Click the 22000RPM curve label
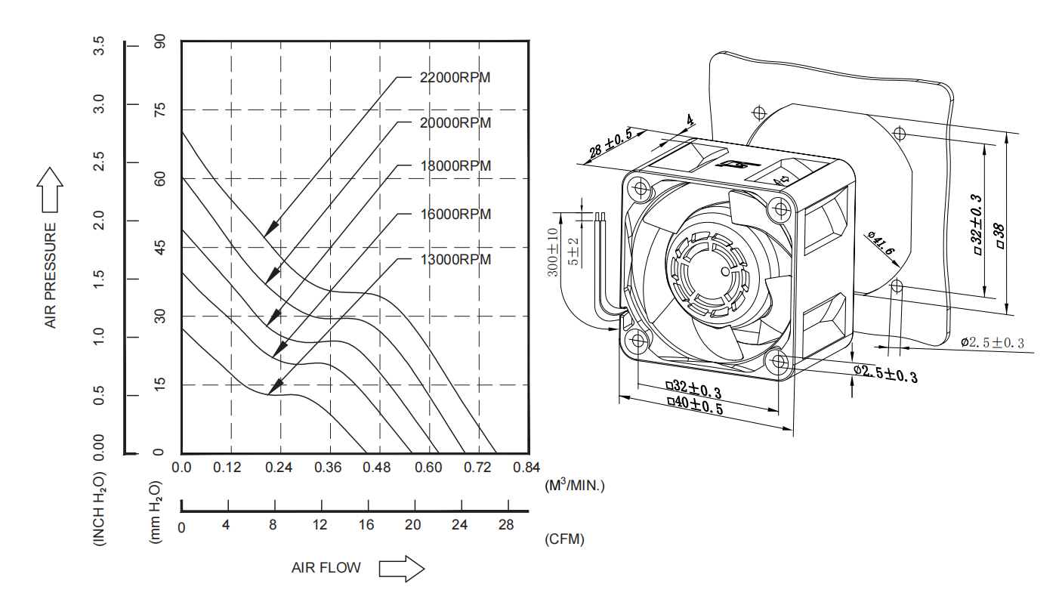[455, 77]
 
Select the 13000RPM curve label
[455, 260]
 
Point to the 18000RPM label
[455, 165]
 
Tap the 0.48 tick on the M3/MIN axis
[376, 468]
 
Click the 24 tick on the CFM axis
[459, 525]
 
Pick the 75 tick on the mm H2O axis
[159, 110]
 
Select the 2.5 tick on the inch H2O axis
[99, 162]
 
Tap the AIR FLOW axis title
[326, 567]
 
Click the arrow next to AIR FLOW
[402, 568]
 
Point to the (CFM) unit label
[564, 539]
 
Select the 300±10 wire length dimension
[553, 252]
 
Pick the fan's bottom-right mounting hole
[778, 362]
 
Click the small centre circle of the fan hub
[726, 272]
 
